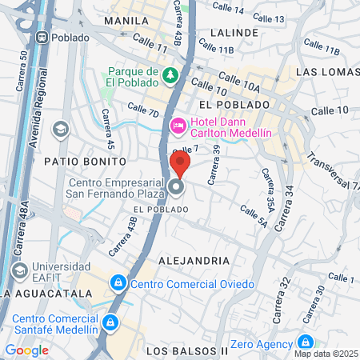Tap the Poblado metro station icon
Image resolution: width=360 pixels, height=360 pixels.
pos(41,37)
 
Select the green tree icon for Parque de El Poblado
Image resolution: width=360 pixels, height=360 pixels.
pos(170,76)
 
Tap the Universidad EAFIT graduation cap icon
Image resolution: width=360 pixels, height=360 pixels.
pos(60,129)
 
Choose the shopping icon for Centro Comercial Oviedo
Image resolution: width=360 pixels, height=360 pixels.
pos(118,283)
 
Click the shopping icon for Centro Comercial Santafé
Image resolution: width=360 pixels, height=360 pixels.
pos(110,322)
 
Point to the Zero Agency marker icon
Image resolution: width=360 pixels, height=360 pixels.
pos(304,340)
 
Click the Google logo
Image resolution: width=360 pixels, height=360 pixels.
pos(26,350)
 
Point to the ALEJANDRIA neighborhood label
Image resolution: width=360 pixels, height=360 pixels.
pos(194,261)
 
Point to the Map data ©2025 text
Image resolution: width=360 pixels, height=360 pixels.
pos(325,354)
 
